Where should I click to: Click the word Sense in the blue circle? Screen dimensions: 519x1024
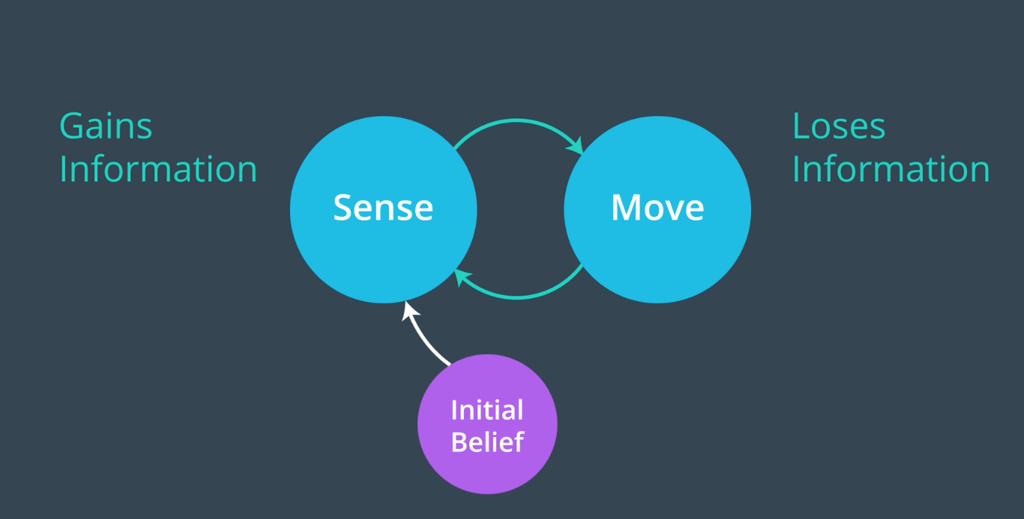point(383,208)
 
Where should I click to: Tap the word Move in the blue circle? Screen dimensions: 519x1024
point(657,208)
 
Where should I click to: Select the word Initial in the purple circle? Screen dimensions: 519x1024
point(487,409)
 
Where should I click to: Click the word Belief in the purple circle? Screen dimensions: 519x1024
point(487,442)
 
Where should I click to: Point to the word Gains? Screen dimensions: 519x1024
point(106,126)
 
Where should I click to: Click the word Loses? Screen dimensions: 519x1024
point(838,126)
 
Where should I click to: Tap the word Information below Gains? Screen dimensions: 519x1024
point(158,169)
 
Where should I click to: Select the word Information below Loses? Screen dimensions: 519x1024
point(891,169)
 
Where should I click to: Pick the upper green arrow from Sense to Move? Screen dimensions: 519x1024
point(517,121)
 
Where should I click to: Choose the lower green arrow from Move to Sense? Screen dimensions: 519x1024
point(517,297)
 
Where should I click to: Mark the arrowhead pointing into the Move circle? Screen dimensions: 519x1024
point(577,147)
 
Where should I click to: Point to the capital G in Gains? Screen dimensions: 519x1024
point(71,126)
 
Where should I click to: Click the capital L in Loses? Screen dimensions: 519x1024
point(801,126)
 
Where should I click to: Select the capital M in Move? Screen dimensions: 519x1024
point(625,208)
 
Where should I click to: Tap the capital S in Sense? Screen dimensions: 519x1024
point(343,208)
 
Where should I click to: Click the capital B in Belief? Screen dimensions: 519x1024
point(459,442)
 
